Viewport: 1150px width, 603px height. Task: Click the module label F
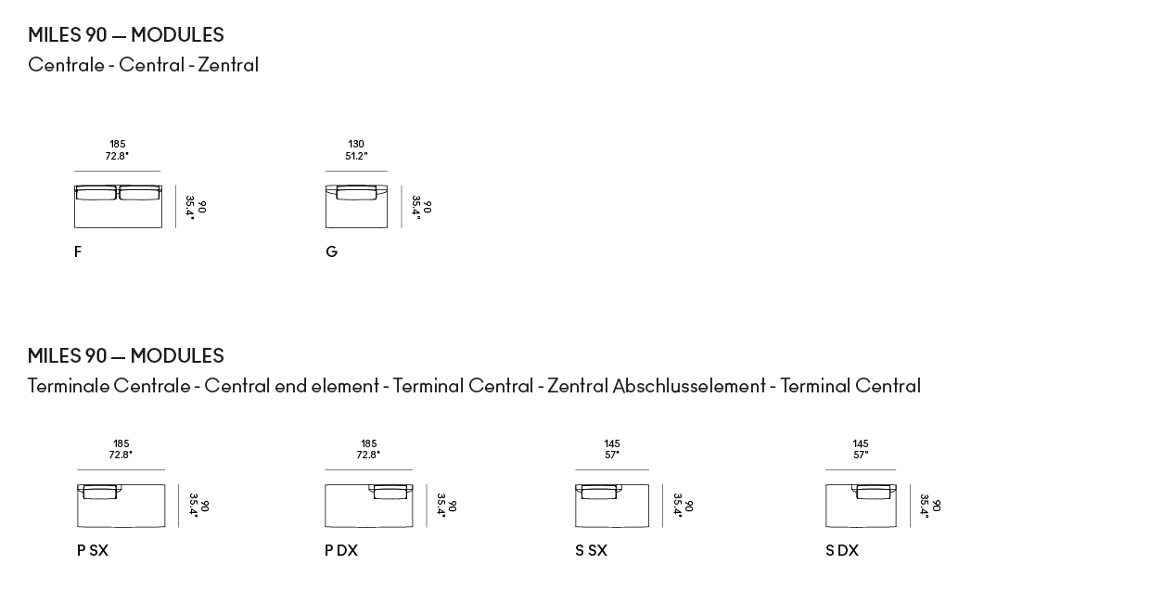pyautogui.click(x=78, y=251)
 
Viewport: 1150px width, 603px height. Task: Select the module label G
pyautogui.click(x=332, y=251)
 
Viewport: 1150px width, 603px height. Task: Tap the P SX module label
pyautogui.click(x=93, y=551)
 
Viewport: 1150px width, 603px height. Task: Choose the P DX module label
pyautogui.click(x=341, y=551)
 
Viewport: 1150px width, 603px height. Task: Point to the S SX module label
pyautogui.click(x=592, y=551)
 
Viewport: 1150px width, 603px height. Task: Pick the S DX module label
pyautogui.click(x=842, y=551)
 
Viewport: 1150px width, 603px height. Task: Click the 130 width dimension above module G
pyautogui.click(x=356, y=144)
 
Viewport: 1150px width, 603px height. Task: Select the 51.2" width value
pyautogui.click(x=356, y=156)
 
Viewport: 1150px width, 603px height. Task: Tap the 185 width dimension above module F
pyautogui.click(x=118, y=144)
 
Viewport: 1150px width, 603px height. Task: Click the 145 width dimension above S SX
pyautogui.click(x=612, y=443)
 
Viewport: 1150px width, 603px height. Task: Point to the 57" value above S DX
pyautogui.click(x=861, y=455)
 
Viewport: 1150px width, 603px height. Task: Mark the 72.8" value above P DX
pyautogui.click(x=368, y=455)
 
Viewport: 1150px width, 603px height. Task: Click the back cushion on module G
pyautogui.click(x=356, y=193)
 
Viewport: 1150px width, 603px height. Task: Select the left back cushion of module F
pyautogui.click(x=96, y=193)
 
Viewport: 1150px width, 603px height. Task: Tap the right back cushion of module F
pyautogui.click(x=140, y=193)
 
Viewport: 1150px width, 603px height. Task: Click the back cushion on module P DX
pyautogui.click(x=390, y=492)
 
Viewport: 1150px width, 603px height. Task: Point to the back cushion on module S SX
pyautogui.click(x=598, y=492)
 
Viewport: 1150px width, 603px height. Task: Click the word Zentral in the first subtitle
pyautogui.click(x=228, y=65)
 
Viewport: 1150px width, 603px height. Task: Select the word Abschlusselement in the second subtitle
pyautogui.click(x=689, y=386)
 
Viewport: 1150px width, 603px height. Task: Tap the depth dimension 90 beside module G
pyautogui.click(x=428, y=207)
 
